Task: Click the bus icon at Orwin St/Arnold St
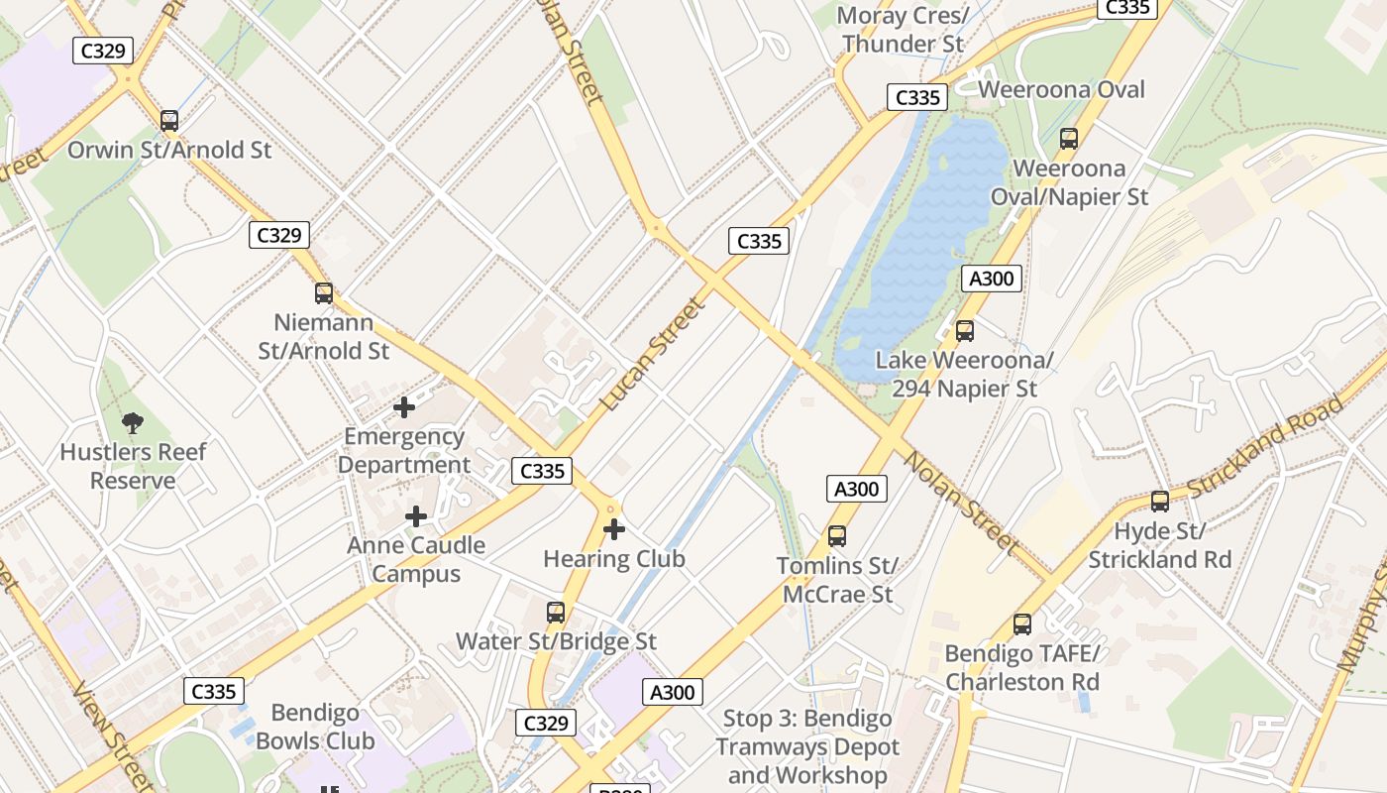(169, 121)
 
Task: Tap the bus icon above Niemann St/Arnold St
(324, 293)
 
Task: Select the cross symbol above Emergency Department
(404, 407)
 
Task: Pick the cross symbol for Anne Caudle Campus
(416, 516)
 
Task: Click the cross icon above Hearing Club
(614, 529)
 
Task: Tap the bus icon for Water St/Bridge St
(556, 613)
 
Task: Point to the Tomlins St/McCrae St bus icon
(837, 536)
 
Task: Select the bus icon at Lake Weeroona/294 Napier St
(965, 331)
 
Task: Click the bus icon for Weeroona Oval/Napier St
(1069, 139)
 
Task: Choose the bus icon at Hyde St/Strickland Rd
(1160, 502)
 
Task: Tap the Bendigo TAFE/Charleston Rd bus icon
(1022, 624)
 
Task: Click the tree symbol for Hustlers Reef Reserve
(133, 423)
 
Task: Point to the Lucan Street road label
(655, 354)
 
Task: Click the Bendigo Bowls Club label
(315, 727)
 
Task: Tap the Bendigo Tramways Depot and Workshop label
(806, 746)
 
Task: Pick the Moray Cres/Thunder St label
(902, 30)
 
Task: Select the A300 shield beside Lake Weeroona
(991, 279)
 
